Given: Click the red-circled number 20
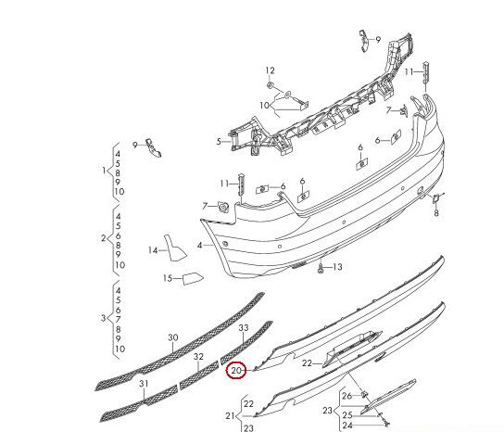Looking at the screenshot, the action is [236, 371].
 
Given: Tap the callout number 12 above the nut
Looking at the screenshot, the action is [270, 70].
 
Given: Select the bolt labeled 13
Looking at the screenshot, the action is [321, 268].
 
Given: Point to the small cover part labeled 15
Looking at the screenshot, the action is [193, 278].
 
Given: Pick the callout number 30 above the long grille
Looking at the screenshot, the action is [173, 337].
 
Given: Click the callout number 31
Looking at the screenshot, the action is [144, 384].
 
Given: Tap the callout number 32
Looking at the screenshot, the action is [198, 356].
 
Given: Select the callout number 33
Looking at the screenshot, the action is [244, 327].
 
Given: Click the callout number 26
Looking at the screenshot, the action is [346, 396].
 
